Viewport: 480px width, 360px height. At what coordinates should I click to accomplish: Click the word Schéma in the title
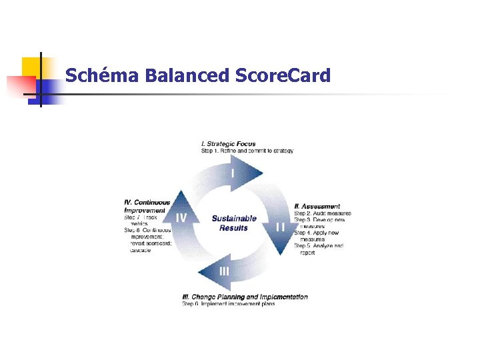[x=101, y=75]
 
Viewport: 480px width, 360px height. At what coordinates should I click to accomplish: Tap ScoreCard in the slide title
[x=283, y=75]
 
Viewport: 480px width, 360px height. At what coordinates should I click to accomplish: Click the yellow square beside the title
[x=31, y=67]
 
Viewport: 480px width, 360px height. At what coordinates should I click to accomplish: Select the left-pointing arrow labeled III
[x=223, y=271]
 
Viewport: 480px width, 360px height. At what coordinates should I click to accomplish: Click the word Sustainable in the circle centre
[x=234, y=219]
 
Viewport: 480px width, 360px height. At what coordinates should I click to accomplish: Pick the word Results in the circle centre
[x=234, y=228]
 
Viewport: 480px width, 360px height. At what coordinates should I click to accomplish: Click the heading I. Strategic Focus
[x=228, y=144]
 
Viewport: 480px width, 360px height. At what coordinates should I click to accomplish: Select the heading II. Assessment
[x=317, y=207]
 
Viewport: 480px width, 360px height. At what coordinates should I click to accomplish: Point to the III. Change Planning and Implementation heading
[x=245, y=297]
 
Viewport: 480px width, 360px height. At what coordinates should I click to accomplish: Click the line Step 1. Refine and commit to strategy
[x=247, y=151]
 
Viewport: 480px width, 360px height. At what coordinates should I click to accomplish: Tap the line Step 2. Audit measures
[x=323, y=213]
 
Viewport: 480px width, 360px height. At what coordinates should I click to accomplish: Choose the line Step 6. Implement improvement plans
[x=229, y=304]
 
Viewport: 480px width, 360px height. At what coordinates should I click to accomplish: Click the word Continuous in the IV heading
[x=147, y=203]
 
